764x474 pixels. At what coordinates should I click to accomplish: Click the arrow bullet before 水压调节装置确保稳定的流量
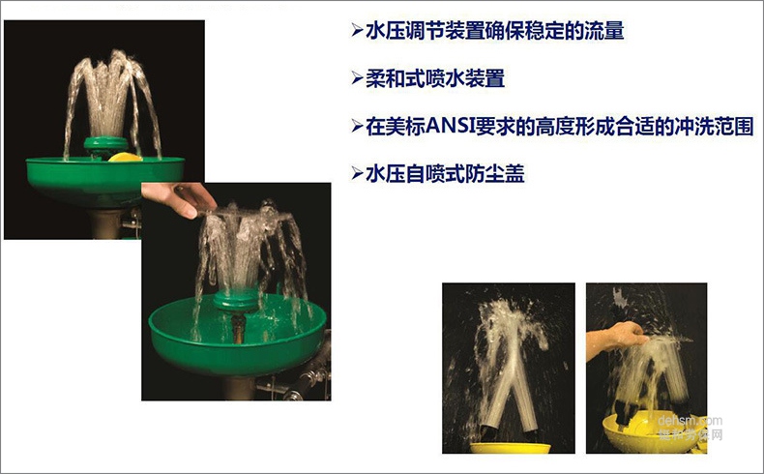point(355,31)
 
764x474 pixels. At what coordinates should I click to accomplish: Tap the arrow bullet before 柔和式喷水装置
point(355,78)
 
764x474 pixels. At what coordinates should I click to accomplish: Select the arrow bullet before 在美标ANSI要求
point(355,127)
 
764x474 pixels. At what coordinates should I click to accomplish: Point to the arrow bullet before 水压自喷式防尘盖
point(355,174)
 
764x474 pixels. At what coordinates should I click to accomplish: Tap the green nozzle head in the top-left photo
point(101,145)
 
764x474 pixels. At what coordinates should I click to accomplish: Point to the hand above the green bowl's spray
point(180,198)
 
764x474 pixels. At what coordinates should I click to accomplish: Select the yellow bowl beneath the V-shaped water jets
point(510,448)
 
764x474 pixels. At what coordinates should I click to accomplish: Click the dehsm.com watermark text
point(690,421)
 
